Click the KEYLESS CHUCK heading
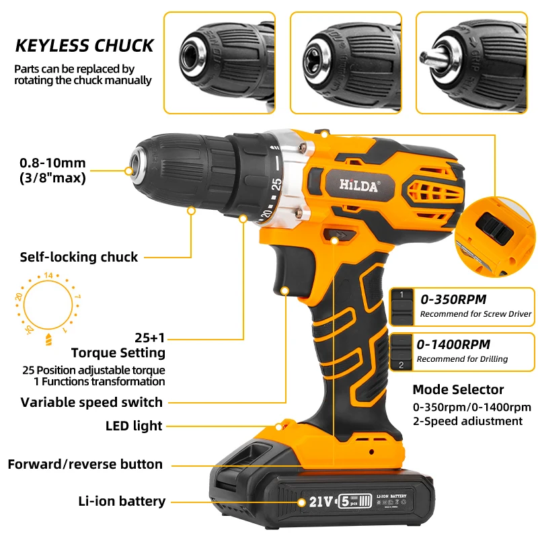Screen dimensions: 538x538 click(x=85, y=46)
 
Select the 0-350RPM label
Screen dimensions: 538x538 click(x=453, y=299)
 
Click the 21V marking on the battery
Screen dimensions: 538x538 click(x=322, y=502)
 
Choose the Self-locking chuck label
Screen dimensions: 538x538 click(x=79, y=257)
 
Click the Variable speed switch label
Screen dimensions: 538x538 click(x=91, y=402)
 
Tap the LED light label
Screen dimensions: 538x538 click(x=134, y=426)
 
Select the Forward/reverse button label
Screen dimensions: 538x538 click(x=85, y=464)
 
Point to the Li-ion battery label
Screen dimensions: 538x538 click(x=122, y=501)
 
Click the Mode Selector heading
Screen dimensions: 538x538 click(x=458, y=390)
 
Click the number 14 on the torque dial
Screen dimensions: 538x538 click(x=48, y=275)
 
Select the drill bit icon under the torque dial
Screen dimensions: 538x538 click(x=48, y=338)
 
